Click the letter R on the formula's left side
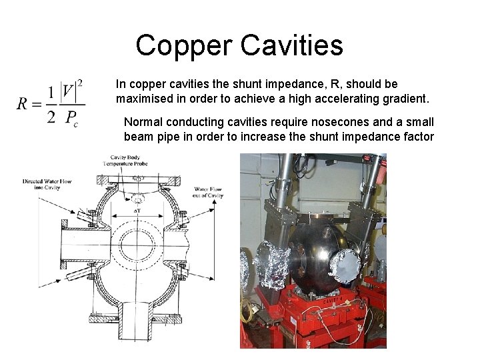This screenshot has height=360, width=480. (23, 103)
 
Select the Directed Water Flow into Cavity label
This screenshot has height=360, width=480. (47, 184)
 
